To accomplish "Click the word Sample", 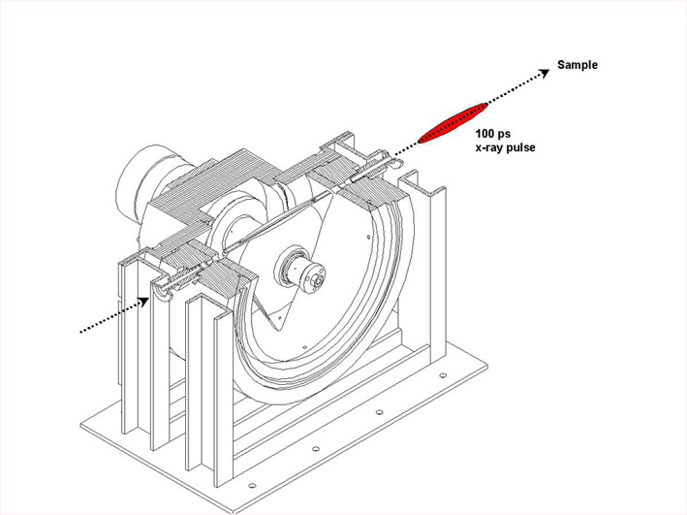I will [x=577, y=65].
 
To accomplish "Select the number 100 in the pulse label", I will [x=484, y=133].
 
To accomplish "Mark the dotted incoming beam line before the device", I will [x=107, y=318].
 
